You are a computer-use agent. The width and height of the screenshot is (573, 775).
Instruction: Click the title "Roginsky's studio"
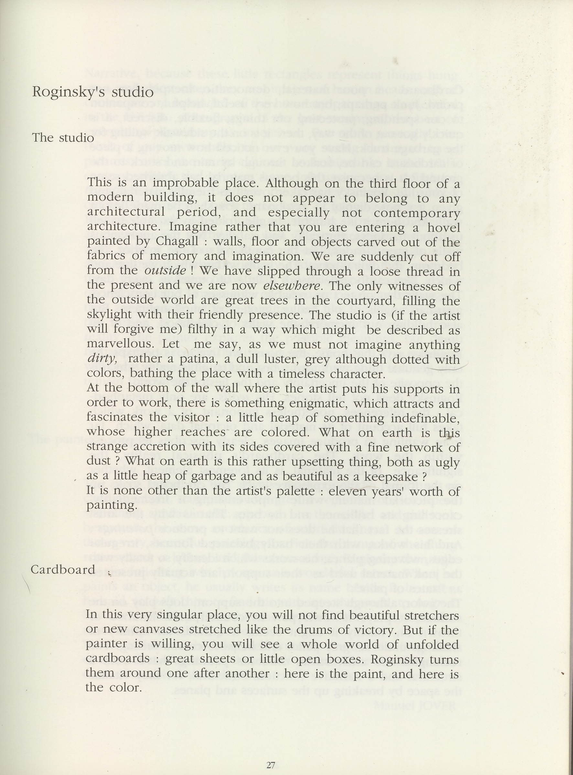point(92,92)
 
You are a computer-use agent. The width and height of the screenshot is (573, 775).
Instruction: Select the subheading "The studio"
point(63,138)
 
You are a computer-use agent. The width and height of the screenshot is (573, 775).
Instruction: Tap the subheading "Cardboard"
point(63,570)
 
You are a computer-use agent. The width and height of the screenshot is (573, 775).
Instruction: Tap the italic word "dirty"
point(101,359)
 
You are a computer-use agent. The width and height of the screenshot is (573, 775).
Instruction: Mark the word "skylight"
point(109,315)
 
